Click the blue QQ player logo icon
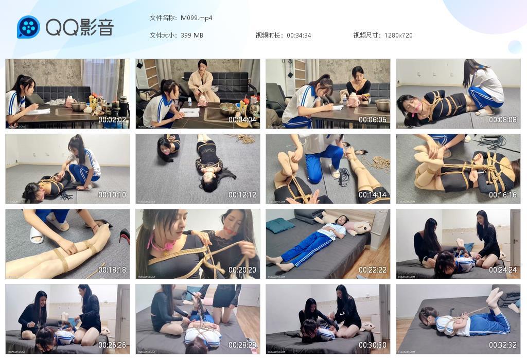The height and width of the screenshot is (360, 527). tap(28, 27)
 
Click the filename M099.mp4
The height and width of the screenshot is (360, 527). tap(196, 18)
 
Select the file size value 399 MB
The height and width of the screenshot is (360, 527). tap(192, 35)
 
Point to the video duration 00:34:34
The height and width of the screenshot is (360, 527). tap(298, 35)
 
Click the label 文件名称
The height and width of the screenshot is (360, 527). tap(163, 18)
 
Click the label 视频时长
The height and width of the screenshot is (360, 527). tap(269, 35)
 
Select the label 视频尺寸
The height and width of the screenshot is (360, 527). tap(366, 35)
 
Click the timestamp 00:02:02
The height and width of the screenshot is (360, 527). tap(112, 120)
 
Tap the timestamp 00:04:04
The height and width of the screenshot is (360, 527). tap(242, 120)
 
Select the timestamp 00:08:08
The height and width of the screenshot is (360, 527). tap(502, 120)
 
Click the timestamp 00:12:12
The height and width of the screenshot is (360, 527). tap(242, 195)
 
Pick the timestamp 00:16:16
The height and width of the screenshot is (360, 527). tap(502, 195)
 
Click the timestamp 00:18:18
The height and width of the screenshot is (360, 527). tap(112, 270)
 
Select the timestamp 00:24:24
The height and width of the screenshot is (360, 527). tap(502, 270)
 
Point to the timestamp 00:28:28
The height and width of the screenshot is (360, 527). tap(242, 345)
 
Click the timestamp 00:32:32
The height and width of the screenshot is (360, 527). tap(502, 345)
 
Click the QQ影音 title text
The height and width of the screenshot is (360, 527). tap(79, 27)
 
